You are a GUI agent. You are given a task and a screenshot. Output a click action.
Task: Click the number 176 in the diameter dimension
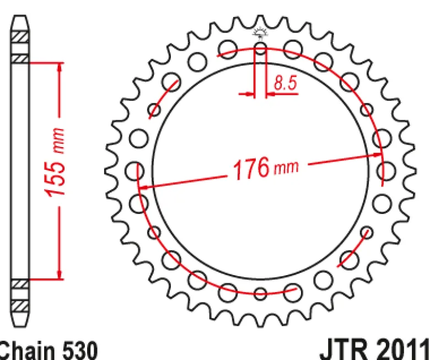click(251, 168)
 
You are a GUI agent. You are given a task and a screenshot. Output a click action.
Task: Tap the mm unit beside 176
click(286, 167)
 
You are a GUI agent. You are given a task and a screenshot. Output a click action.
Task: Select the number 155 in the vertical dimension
click(56, 178)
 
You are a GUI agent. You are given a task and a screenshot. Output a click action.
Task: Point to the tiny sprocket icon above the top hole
click(260, 33)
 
